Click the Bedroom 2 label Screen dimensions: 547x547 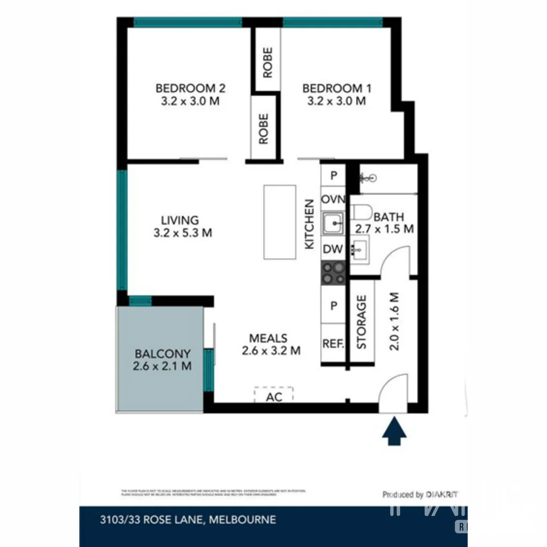[190, 89]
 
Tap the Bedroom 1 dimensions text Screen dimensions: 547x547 [336, 101]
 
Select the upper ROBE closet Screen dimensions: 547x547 [267, 62]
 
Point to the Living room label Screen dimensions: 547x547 [180, 220]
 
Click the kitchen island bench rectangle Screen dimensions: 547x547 [280, 222]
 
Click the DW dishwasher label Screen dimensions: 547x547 [333, 249]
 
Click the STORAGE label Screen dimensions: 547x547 [362, 322]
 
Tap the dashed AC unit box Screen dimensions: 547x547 [273, 395]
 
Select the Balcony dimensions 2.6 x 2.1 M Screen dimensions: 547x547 [162, 366]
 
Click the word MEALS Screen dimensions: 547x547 [268, 338]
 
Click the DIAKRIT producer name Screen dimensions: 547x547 [442, 494]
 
